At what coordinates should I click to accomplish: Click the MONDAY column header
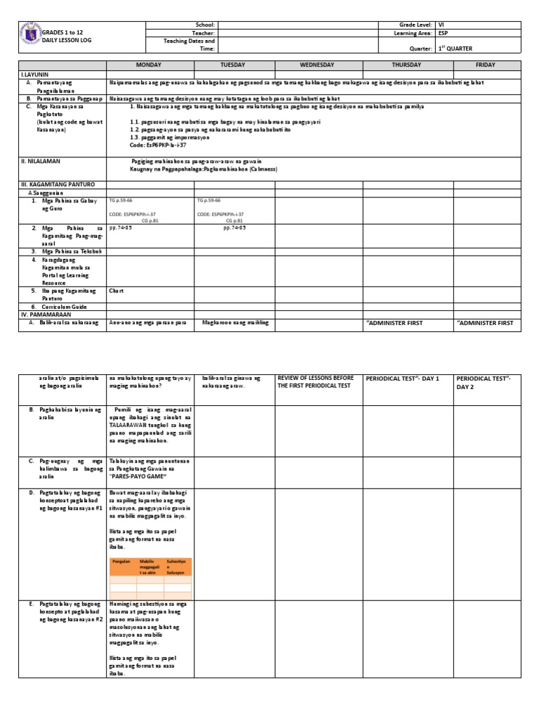click(x=149, y=65)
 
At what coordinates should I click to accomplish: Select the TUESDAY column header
click(x=233, y=65)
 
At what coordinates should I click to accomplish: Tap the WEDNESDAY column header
click(x=319, y=65)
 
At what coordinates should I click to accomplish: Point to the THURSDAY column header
click(x=407, y=65)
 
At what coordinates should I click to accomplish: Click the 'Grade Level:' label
click(x=413, y=25)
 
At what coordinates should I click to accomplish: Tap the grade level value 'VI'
click(x=441, y=25)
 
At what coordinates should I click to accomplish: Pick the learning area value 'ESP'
click(x=443, y=33)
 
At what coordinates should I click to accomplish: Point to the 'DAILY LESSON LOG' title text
click(x=67, y=41)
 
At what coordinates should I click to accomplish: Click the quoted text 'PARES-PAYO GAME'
click(x=137, y=476)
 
